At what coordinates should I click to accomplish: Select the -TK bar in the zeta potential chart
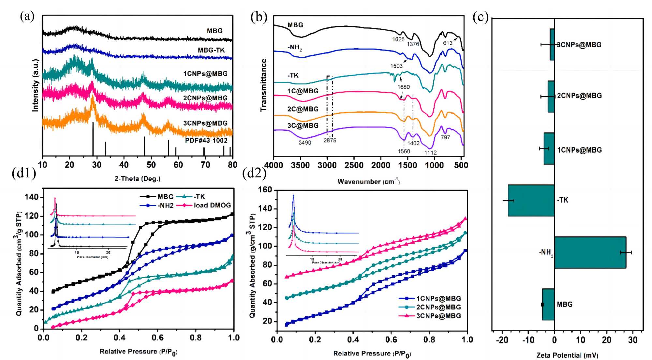point(531,200)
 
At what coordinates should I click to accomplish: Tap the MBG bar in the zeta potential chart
point(548,304)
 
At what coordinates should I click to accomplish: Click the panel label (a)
point(27,16)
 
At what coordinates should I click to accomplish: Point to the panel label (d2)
point(254,173)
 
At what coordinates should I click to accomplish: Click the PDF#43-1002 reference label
point(206,141)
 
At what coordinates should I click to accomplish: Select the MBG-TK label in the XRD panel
point(211,50)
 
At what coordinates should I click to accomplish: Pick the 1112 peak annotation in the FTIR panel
point(430,152)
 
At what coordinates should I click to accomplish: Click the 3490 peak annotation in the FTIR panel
point(305,142)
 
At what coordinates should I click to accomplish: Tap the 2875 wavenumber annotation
point(330,141)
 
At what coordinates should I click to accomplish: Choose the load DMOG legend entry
point(212,205)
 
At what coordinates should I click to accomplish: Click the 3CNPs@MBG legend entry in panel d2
point(438,316)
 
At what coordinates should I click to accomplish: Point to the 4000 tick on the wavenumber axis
point(274,165)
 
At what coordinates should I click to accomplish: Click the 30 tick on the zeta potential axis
point(633,340)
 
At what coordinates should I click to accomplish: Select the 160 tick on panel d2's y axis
point(265,190)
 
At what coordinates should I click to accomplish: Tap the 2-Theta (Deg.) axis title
point(137,179)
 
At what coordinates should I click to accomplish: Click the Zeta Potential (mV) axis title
point(567,355)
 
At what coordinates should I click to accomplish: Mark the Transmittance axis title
point(263,85)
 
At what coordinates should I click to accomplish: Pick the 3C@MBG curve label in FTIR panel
point(303,126)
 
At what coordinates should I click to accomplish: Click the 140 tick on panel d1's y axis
point(32,197)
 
